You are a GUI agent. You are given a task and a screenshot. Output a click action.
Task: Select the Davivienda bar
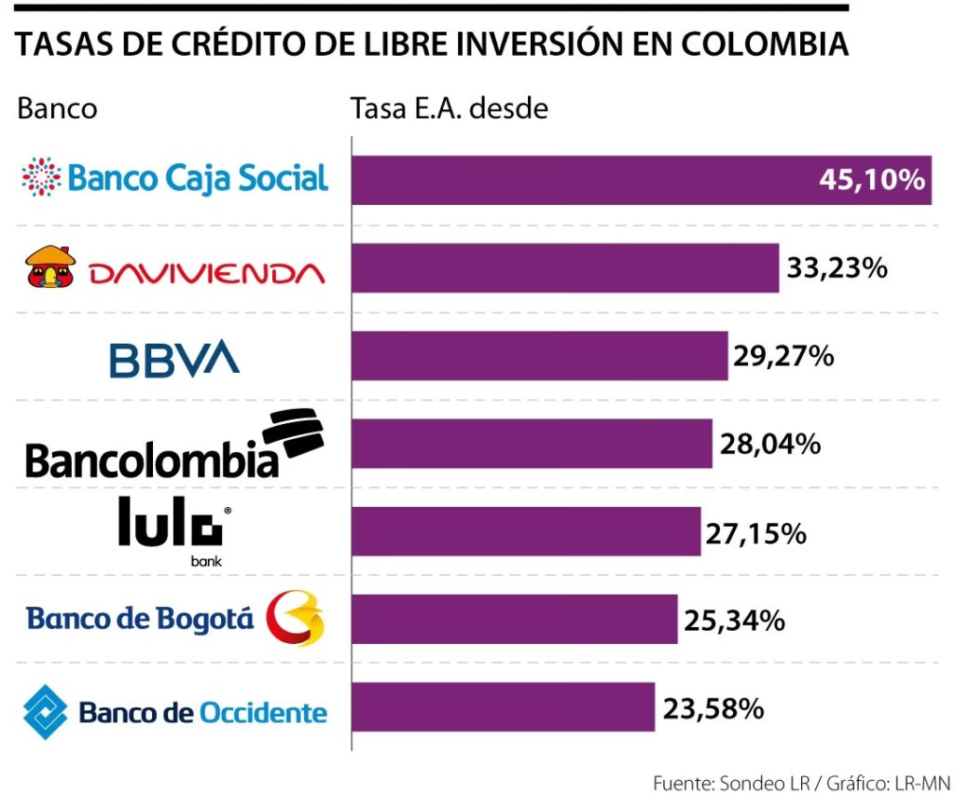pyautogui.click(x=564, y=267)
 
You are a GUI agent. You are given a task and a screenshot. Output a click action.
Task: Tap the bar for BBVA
pyautogui.click(x=539, y=355)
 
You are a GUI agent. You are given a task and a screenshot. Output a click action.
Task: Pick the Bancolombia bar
pyautogui.click(x=532, y=444)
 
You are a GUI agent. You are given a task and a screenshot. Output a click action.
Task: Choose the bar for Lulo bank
pyautogui.click(x=526, y=531)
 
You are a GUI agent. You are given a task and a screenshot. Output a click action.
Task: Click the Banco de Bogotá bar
pyautogui.click(x=514, y=619)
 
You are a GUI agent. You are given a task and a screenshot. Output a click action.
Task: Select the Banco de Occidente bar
pyautogui.click(x=503, y=706)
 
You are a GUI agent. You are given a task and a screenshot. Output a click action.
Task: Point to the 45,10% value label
pyautogui.click(x=871, y=180)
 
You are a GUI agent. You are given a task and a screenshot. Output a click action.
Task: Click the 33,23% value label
pyautogui.click(x=837, y=268)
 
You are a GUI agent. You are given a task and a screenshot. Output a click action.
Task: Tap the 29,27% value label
pyautogui.click(x=784, y=356)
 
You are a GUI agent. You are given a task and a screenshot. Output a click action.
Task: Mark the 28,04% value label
pyautogui.click(x=769, y=444)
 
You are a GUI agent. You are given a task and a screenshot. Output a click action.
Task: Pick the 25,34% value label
pyautogui.click(x=734, y=620)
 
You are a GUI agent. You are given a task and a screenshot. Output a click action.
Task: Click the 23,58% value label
pyautogui.click(x=713, y=708)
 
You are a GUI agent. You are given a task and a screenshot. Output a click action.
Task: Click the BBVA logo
pyautogui.click(x=173, y=359)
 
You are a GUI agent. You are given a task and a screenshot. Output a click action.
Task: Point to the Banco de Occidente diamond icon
pyautogui.click(x=45, y=713)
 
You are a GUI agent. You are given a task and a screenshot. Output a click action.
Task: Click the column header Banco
pyautogui.click(x=57, y=108)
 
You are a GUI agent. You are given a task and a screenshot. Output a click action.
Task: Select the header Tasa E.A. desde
pyautogui.click(x=449, y=108)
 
